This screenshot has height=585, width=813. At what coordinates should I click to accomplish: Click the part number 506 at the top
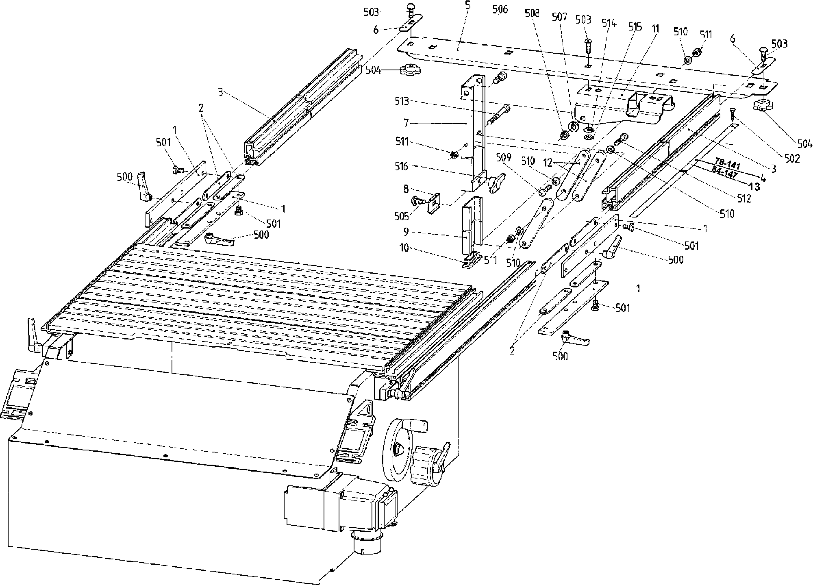(500, 9)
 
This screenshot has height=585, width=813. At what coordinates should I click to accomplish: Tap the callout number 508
(532, 13)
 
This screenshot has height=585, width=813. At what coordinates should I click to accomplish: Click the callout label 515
(635, 27)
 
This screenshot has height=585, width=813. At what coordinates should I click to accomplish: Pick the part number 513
(402, 101)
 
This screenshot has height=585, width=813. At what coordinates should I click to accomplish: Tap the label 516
(402, 166)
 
